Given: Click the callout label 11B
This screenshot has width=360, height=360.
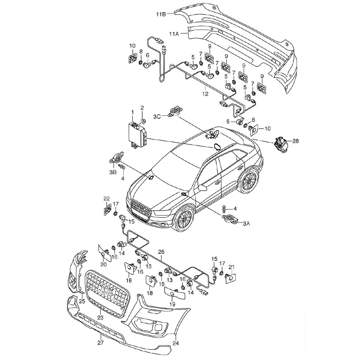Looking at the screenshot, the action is (161, 14).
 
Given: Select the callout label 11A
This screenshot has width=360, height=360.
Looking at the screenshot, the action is (174, 34).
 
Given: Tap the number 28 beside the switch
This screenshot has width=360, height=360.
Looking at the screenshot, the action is (296, 141).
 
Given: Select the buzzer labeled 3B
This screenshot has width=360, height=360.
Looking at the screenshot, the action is (117, 158).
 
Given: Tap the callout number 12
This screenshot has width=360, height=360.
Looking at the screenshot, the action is (205, 94).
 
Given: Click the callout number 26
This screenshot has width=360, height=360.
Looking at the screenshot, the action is (161, 252).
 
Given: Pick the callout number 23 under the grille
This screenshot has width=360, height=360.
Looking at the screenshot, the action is (100, 318).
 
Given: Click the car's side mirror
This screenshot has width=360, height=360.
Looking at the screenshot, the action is (202, 188).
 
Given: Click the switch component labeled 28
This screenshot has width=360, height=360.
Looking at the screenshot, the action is (280, 144).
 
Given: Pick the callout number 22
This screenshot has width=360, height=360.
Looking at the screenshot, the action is (107, 198).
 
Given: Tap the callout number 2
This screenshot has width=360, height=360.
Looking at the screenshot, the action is (142, 108).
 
